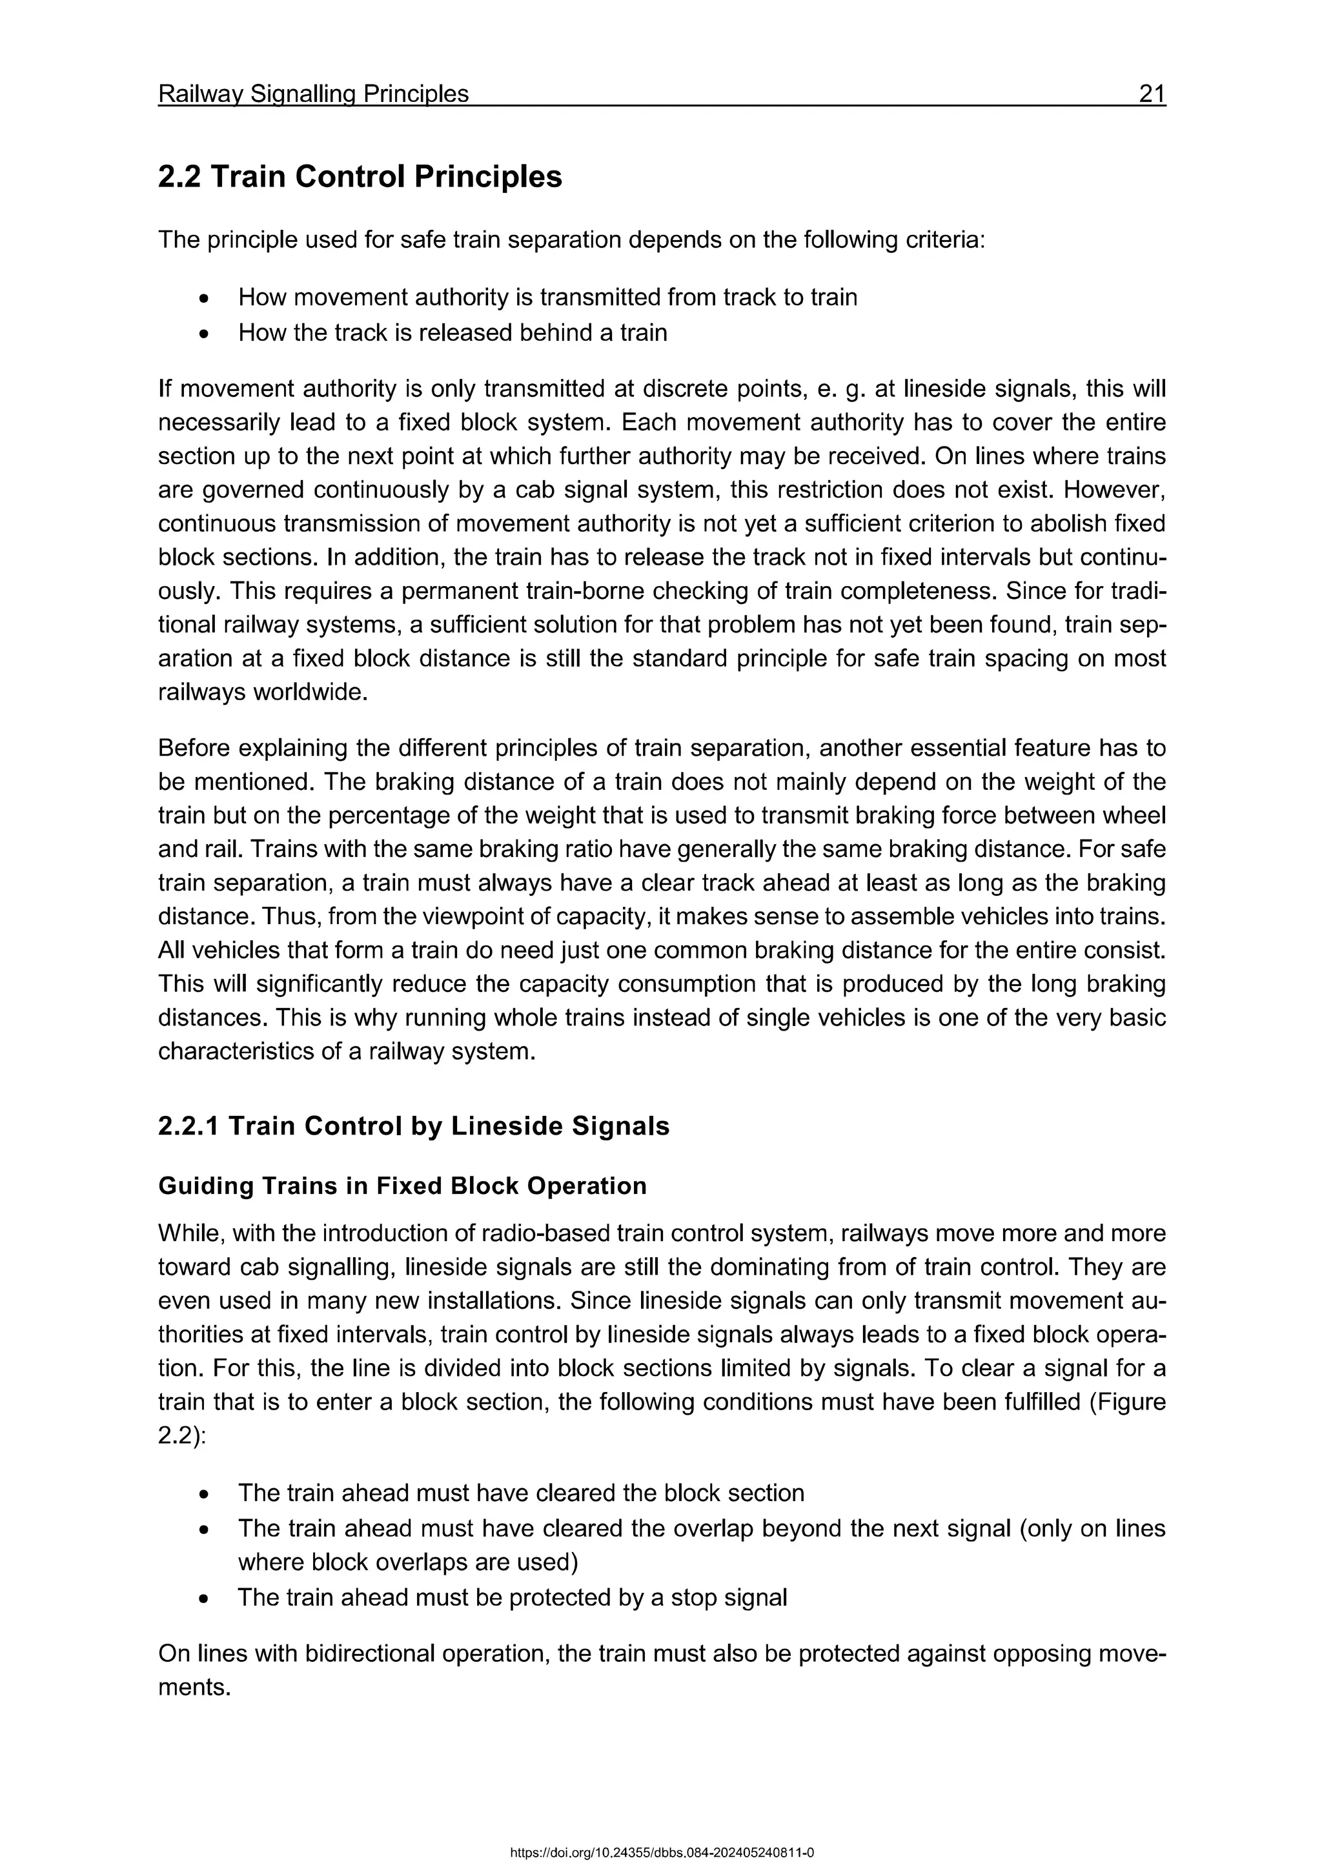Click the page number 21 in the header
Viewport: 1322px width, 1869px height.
click(1152, 94)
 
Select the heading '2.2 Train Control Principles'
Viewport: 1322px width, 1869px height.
click(359, 177)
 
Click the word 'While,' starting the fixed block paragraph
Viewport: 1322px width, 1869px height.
click(191, 1233)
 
